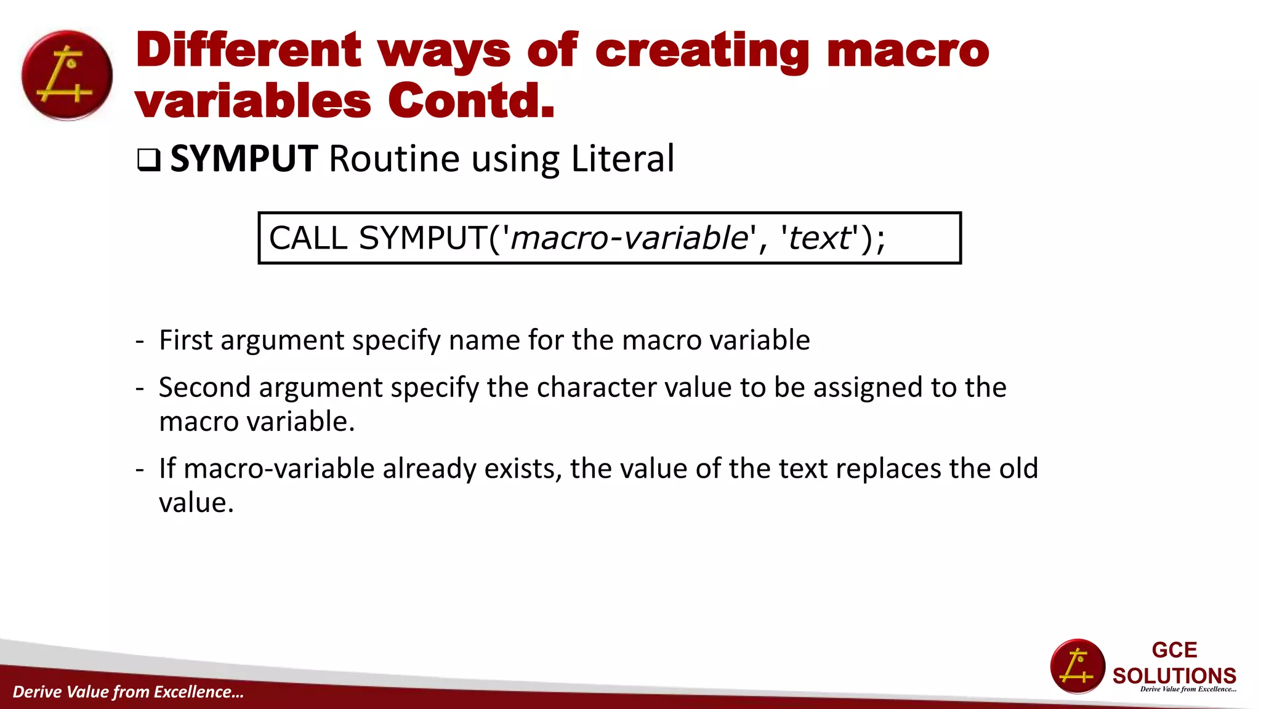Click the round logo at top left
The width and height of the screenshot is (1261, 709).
tap(67, 75)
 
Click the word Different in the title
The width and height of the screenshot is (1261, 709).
tap(248, 50)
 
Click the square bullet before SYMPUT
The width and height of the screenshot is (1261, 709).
tap(148, 160)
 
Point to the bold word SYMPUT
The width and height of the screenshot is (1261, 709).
tap(244, 159)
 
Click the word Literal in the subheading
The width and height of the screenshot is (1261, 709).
tap(622, 159)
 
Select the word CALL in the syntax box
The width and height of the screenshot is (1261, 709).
tap(308, 238)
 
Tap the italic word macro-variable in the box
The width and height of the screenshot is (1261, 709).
tap(629, 238)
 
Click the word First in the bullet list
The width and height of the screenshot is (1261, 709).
tap(185, 340)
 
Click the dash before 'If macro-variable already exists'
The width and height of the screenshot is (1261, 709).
tap(140, 469)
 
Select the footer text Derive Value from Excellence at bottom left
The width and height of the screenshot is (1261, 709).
tap(128, 692)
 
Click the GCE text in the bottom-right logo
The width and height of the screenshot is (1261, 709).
tap(1174, 650)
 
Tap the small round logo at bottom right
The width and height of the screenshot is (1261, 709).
tap(1078, 667)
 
